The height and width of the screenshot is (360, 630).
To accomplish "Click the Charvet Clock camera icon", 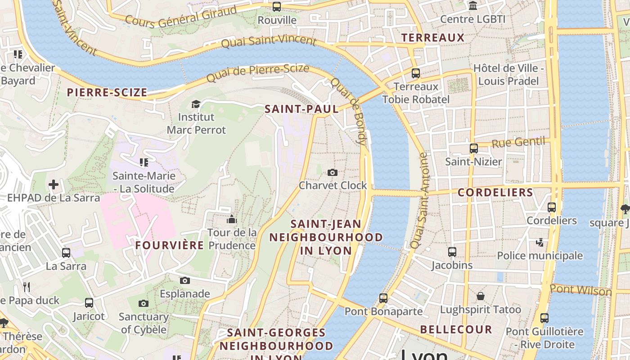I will (333, 172).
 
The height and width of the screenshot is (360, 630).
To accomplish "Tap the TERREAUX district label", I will (432, 37).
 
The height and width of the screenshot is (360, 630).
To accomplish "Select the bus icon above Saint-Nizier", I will (473, 148).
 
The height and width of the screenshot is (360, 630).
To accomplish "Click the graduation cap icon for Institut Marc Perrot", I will (196, 104).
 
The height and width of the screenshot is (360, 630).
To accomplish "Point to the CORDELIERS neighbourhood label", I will (495, 193).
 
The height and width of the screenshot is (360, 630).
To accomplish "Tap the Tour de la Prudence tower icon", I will (232, 220).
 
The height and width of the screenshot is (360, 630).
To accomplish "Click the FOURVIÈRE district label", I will (170, 245).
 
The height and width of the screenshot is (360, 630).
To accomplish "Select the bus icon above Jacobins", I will (452, 252).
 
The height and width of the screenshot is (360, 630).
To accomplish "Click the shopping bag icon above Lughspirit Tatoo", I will (481, 296).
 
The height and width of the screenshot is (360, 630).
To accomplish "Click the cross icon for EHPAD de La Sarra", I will (54, 184).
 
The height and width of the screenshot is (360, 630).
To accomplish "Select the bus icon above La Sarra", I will (66, 253).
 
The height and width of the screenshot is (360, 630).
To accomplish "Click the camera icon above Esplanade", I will (184, 281).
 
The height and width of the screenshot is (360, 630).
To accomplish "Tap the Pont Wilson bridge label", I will (580, 290).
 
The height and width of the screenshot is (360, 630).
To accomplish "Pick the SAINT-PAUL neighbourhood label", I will (301, 109).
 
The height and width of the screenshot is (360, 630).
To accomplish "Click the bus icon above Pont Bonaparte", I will (383, 298).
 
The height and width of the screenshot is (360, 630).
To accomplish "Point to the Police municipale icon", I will (540, 243).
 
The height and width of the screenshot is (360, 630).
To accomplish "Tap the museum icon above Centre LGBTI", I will (473, 6).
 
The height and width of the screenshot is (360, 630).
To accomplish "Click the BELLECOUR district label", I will (456, 329).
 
